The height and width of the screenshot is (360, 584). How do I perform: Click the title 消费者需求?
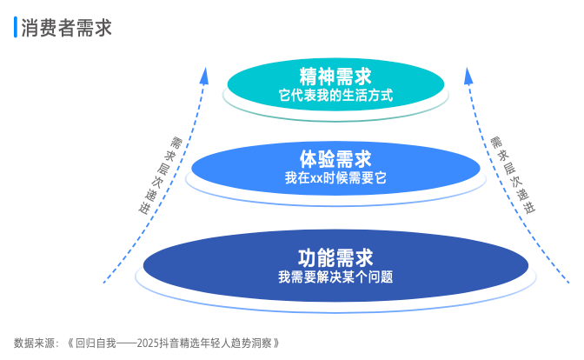[x=66, y=28]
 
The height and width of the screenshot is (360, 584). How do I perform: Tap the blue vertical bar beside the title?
[x=16, y=27]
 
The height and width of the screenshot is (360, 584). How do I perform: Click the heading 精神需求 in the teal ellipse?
[x=335, y=77]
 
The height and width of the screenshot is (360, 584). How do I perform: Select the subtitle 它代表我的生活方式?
[x=335, y=96]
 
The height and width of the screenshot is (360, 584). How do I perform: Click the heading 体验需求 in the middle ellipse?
[x=335, y=159]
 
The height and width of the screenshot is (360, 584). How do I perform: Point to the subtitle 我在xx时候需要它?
[x=335, y=177]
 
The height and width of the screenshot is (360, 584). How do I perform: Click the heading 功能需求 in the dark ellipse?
[x=335, y=258]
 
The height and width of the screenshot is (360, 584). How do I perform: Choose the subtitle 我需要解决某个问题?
[x=335, y=277]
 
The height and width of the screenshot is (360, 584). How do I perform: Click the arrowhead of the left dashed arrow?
[x=204, y=76]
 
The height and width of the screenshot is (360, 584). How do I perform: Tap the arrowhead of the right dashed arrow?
[x=468, y=76]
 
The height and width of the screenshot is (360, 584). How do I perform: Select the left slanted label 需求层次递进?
[x=161, y=176]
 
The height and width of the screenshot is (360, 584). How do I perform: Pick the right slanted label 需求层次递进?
[x=513, y=175]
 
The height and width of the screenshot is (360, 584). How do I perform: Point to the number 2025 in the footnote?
[x=148, y=343]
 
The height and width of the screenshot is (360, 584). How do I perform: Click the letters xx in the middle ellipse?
[x=316, y=178]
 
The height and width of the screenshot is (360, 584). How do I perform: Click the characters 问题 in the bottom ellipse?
[x=381, y=277]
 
